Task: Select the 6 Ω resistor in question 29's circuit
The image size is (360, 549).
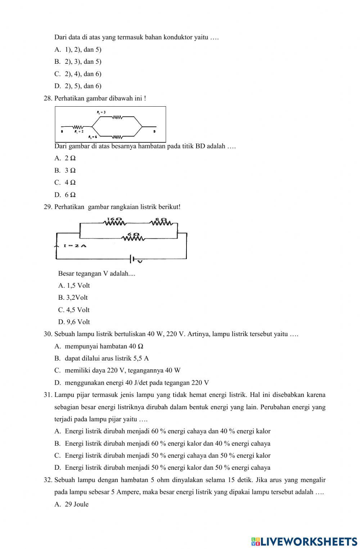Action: click(134, 238)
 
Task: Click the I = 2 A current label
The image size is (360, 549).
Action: click(75, 246)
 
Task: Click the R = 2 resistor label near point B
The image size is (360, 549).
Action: click(79, 132)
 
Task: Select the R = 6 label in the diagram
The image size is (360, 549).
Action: click(93, 137)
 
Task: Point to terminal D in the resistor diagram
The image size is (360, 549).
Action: click(154, 132)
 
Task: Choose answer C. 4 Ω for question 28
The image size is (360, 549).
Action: click(65, 182)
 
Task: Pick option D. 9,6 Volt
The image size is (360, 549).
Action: click(74, 322)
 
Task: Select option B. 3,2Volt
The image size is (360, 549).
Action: click(73, 298)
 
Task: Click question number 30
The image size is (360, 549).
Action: click(48, 334)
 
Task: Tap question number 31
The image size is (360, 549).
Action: click(48, 395)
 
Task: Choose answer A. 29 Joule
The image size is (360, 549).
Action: click(72, 504)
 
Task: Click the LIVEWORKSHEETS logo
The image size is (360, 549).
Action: click(304, 541)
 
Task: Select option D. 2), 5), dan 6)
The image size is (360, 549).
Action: click(78, 86)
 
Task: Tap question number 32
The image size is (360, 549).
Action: click(48, 480)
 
